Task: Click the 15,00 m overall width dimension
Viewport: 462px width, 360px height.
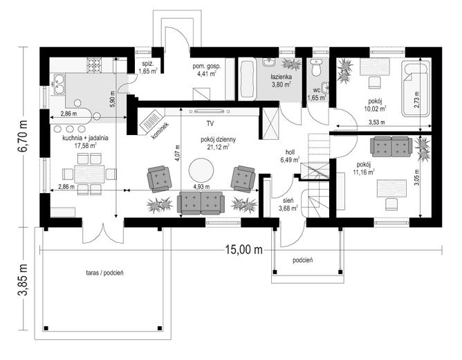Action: (x=243, y=250)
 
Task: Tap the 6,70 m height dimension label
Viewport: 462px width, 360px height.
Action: (x=23, y=136)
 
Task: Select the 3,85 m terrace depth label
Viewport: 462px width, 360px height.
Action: (x=23, y=279)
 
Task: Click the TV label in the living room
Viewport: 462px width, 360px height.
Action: (x=210, y=123)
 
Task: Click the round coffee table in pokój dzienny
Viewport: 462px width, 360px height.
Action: (x=201, y=171)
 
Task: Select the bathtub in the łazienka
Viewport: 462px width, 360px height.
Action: (x=247, y=79)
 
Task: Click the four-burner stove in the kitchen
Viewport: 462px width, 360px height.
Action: (x=94, y=64)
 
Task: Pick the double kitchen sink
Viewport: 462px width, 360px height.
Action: (x=58, y=84)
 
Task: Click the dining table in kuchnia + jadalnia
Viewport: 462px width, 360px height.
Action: (x=89, y=174)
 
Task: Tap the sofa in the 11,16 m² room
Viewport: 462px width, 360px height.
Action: (x=391, y=147)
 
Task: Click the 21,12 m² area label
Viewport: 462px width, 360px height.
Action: (x=218, y=147)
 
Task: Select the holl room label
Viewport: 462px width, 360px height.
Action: (x=290, y=152)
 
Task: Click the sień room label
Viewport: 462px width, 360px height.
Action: (x=288, y=201)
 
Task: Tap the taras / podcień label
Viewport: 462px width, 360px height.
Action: (x=105, y=273)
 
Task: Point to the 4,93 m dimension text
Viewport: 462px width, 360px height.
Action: (x=201, y=186)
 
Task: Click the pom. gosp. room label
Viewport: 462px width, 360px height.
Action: (x=207, y=66)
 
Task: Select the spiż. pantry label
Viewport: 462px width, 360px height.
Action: (x=147, y=64)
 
